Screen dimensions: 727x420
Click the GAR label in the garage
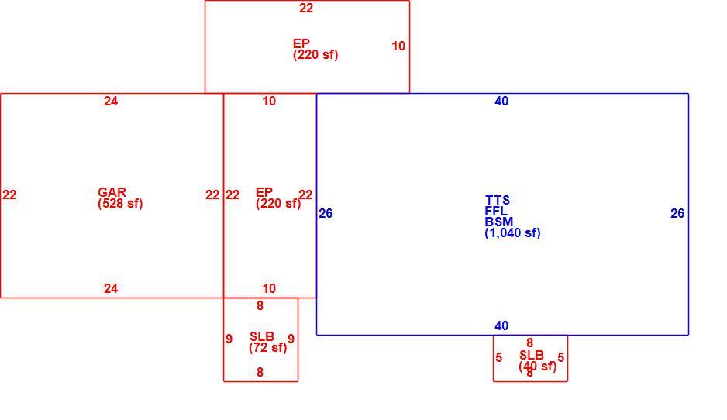click(112, 192)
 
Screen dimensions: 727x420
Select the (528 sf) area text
click(120, 204)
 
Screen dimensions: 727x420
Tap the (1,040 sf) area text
click(512, 232)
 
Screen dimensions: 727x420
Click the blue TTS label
click(498, 200)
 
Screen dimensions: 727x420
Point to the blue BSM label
click(499, 222)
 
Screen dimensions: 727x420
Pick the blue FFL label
click(496, 211)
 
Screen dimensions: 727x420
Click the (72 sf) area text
click(268, 348)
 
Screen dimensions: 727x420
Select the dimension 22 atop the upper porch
click(306, 8)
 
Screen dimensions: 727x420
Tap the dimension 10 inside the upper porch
click(398, 46)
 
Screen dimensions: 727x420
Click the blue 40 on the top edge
click(501, 101)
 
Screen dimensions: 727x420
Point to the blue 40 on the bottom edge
click(501, 326)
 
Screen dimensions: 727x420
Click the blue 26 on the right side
click(677, 213)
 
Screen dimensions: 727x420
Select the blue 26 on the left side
click(326, 213)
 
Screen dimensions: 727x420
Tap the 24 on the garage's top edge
click(111, 101)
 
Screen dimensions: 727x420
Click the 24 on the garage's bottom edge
click(111, 289)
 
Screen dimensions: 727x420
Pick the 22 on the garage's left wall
click(9, 195)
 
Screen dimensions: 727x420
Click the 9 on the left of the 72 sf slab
click(229, 339)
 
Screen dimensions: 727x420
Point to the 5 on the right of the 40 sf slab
click(561, 358)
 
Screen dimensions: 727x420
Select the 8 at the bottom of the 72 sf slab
click(260, 372)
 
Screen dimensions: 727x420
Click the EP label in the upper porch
click(301, 43)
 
